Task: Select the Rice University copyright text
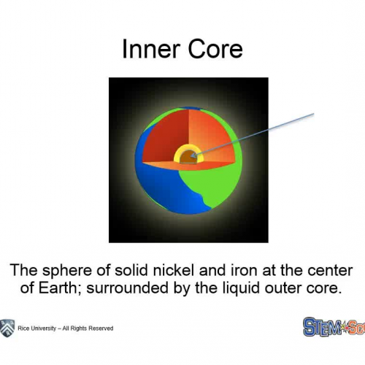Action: pos(66,328)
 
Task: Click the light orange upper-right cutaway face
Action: pos(212,131)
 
